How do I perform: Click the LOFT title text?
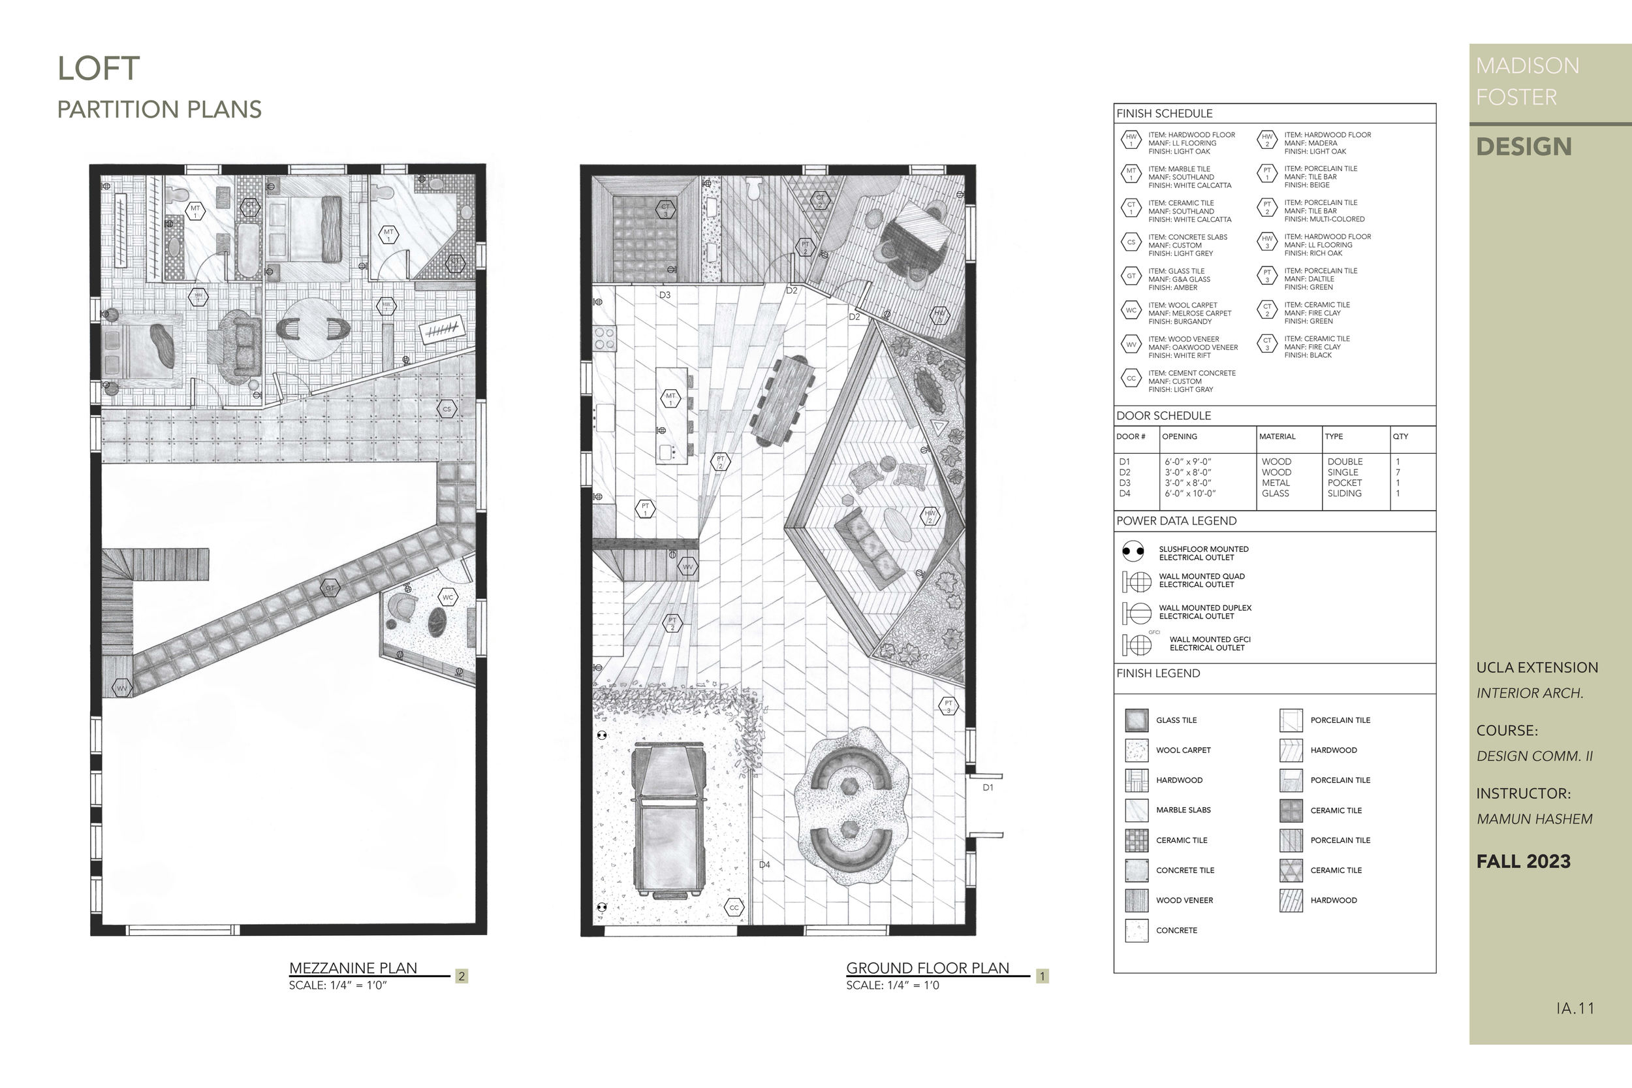99,69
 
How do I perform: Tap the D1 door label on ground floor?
988,788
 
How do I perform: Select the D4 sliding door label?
764,865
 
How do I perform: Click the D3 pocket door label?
665,295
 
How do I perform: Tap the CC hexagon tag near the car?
734,907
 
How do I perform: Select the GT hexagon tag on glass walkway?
330,588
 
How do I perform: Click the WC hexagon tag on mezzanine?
448,597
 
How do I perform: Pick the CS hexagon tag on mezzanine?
447,409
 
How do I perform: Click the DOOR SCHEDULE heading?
1163,415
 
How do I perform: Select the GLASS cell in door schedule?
1275,493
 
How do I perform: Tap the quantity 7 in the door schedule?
1398,472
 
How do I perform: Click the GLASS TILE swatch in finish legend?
1136,720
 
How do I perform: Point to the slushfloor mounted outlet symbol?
1133,552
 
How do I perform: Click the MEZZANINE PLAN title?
353,968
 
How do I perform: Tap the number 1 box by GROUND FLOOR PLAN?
1041,976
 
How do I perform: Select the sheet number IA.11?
1575,1008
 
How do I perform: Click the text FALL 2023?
1523,862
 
